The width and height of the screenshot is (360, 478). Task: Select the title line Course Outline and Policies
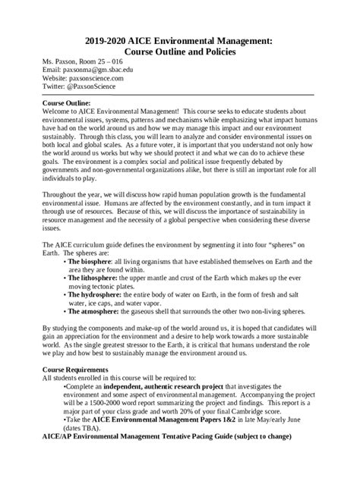180,52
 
